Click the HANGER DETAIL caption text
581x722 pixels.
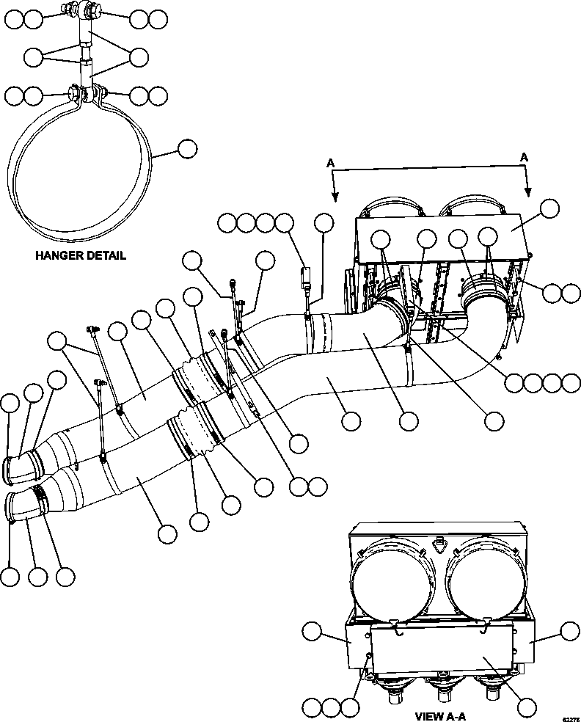click(80, 256)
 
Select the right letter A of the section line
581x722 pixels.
click(525, 157)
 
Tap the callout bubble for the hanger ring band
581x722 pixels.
click(187, 149)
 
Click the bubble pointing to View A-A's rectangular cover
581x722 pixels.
click(527, 707)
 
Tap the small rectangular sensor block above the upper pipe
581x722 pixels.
click(307, 280)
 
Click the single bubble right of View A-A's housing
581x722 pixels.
click(570, 632)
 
